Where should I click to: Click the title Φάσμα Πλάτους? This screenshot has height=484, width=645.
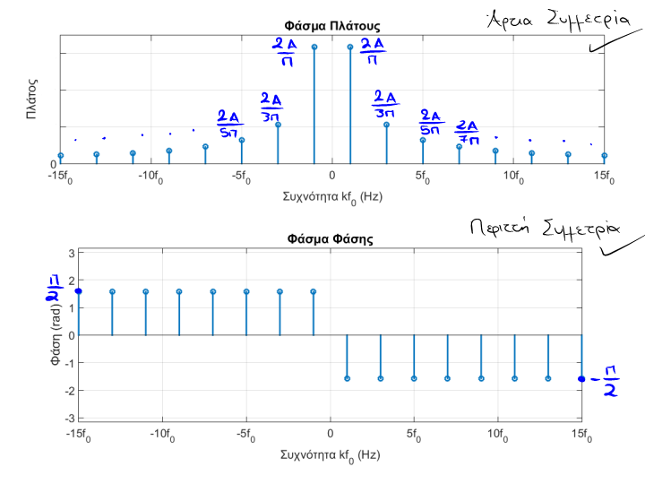(x=331, y=26)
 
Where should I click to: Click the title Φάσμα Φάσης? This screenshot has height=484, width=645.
(x=331, y=239)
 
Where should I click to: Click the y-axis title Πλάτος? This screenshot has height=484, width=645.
(x=30, y=100)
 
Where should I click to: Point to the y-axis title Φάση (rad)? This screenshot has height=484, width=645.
(x=56, y=335)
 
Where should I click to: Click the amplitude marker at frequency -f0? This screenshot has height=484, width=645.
(x=314, y=47)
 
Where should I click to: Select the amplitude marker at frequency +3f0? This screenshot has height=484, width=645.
(x=386, y=125)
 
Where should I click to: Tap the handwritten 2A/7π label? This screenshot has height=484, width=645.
(x=468, y=133)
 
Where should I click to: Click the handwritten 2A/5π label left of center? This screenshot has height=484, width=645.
(x=229, y=125)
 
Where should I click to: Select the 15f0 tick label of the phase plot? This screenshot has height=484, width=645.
(x=582, y=437)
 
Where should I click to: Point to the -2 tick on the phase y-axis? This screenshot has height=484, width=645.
(x=68, y=390)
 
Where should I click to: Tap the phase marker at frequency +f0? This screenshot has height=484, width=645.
(x=348, y=378)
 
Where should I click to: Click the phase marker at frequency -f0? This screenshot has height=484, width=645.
(x=314, y=291)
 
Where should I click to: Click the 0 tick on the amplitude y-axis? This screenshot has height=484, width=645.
(x=53, y=164)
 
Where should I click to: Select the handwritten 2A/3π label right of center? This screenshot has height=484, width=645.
(x=385, y=103)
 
